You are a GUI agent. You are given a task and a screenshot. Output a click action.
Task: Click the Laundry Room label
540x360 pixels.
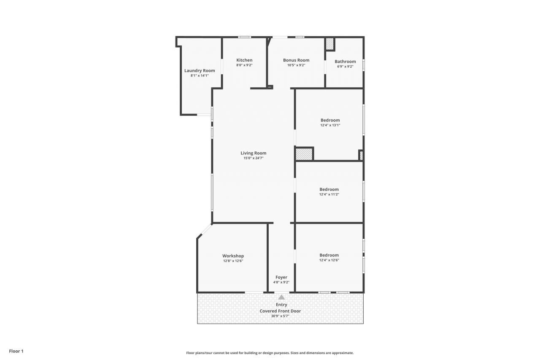point(200,70)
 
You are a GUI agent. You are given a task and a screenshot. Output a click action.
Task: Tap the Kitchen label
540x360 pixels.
point(244,60)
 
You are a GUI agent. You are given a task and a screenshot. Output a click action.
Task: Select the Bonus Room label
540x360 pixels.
point(296,60)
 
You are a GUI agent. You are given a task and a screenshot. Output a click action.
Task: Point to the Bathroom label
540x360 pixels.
point(345,61)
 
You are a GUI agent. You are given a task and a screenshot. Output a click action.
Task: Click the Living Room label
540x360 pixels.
point(254,153)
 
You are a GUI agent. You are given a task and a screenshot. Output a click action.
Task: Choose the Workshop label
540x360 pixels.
point(233,256)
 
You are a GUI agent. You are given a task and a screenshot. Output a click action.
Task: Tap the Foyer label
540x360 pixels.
point(281,277)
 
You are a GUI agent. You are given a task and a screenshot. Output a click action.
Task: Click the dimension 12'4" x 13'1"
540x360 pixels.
point(330,125)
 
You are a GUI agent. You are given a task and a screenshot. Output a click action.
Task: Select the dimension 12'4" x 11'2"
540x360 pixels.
point(329,195)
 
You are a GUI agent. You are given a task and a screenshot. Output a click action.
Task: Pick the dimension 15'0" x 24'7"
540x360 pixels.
point(254,158)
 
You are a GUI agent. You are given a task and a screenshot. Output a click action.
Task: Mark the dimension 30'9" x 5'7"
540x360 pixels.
point(280,316)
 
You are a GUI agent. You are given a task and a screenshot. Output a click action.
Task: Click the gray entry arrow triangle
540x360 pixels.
point(281,297)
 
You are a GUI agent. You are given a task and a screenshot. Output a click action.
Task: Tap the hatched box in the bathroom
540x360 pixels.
point(329,44)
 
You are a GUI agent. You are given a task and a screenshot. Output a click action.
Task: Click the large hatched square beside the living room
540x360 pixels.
point(304,154)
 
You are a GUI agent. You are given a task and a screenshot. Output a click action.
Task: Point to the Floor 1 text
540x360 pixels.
point(16,351)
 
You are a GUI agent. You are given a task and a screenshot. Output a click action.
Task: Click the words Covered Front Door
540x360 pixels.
point(280,311)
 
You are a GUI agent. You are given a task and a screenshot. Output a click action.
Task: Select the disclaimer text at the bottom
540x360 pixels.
point(270,353)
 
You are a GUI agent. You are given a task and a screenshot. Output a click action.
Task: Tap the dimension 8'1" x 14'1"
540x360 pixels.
point(200,76)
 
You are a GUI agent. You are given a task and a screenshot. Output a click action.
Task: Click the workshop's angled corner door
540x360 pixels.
point(205,230)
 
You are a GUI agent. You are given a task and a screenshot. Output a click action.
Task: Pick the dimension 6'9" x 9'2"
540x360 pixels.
point(345,66)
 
